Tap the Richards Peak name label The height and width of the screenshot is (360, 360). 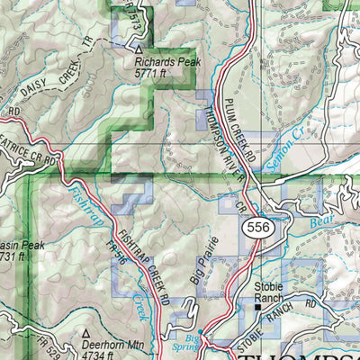coord(167,64)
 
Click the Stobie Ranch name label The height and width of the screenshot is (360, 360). coord(271,291)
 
